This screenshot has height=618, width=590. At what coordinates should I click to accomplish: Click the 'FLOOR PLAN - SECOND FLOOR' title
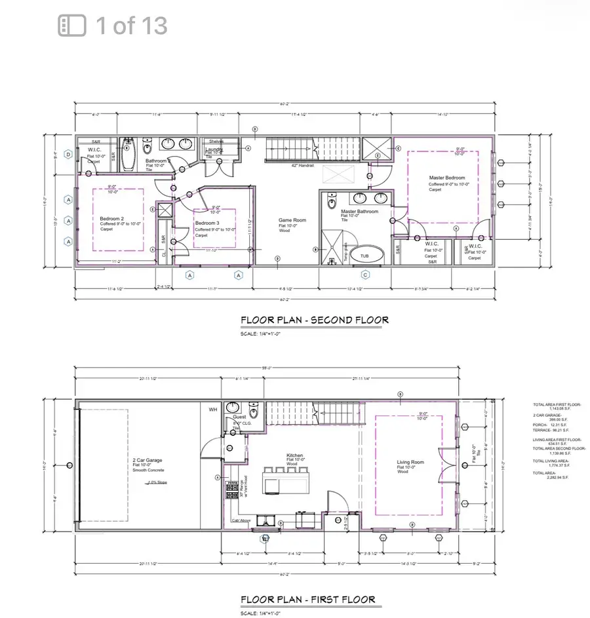[314, 320]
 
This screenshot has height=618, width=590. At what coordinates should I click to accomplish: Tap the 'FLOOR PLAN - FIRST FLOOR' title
[307, 599]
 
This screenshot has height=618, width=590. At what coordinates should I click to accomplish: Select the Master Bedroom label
[447, 178]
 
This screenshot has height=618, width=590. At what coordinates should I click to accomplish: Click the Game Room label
[289, 221]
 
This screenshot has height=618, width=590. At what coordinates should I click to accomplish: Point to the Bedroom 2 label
[112, 219]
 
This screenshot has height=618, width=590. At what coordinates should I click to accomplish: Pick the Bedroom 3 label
[207, 223]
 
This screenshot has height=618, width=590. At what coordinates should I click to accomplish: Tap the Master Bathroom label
[357, 212]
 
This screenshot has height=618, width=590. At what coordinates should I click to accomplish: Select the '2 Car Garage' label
[147, 460]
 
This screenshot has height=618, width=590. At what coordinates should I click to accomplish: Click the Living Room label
[410, 463]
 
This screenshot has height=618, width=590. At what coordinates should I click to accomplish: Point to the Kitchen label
[294, 455]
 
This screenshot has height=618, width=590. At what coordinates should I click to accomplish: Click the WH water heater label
[212, 410]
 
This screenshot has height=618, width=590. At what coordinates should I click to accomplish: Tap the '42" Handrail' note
[302, 166]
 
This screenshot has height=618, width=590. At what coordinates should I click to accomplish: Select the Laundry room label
[216, 149]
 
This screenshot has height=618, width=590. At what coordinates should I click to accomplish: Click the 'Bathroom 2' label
[158, 161]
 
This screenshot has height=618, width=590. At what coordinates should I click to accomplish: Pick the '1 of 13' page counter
[132, 26]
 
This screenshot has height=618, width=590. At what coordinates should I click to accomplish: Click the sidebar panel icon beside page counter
[72, 26]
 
